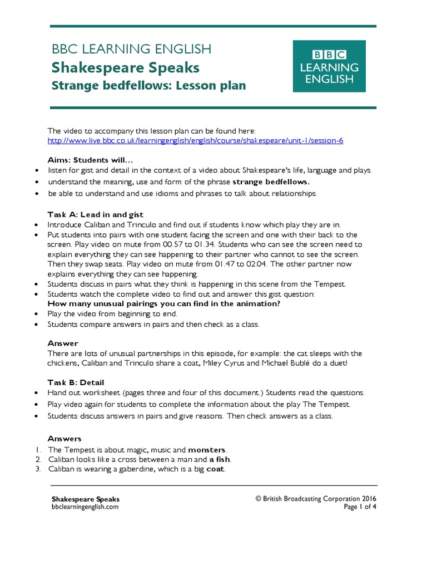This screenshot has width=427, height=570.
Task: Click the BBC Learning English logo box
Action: tap(329, 66)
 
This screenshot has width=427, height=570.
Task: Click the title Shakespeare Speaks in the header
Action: tap(125, 68)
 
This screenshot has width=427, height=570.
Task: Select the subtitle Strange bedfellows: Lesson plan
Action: tap(148, 86)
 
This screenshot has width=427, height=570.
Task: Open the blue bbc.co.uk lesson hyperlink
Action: tap(195, 140)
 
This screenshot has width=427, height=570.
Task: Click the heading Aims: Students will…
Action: tap(91, 160)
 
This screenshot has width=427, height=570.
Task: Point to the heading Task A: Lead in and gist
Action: tap(96, 214)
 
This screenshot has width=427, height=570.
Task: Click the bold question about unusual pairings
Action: tap(163, 304)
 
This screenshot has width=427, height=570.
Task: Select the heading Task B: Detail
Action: tap(76, 382)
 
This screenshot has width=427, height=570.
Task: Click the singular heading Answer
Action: tap(63, 343)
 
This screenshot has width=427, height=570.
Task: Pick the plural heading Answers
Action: tap(64, 439)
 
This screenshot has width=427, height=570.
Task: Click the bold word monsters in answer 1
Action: tap(207, 449)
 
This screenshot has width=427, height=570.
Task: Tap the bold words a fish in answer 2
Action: tap(220, 459)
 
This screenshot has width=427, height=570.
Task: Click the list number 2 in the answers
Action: tap(38, 459)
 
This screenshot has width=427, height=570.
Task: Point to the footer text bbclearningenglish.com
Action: tap(85, 507)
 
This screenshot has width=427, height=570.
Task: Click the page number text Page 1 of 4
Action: tap(360, 507)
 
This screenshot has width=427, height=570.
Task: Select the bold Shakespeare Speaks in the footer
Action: tap(85, 499)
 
